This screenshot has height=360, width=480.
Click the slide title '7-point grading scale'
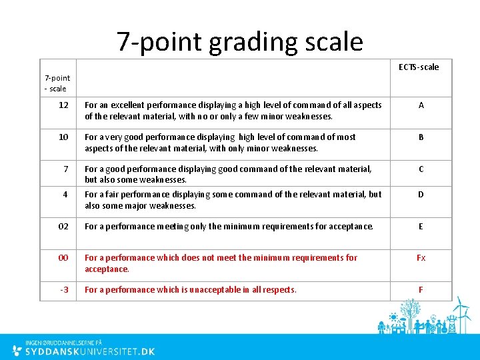240,41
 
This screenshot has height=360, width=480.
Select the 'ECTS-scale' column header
419,67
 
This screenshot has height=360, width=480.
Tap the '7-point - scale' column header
57,83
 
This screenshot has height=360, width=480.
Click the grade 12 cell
63,105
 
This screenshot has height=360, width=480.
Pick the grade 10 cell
63,137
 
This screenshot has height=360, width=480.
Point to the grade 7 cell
66,169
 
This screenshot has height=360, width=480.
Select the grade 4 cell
65,195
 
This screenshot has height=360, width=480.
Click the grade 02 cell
63,227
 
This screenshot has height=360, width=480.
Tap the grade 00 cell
63,258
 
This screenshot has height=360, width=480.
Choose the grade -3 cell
64,290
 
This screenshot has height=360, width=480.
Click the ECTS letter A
421,105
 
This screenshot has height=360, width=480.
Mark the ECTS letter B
421,137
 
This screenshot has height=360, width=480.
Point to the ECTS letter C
421,169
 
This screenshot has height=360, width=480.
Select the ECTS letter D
421,195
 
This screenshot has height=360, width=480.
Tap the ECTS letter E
421,227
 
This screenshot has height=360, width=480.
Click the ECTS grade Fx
421,258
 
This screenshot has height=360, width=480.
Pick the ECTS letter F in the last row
421,290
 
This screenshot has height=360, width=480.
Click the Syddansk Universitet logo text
90,351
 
